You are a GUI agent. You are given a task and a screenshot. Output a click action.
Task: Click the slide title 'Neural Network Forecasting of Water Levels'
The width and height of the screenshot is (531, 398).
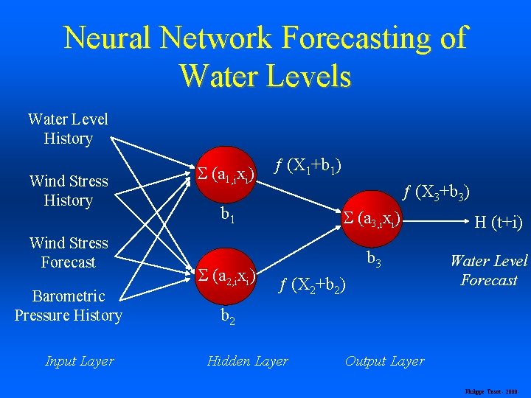(265, 56)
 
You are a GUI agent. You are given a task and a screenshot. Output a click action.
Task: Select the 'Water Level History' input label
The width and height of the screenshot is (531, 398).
(68, 129)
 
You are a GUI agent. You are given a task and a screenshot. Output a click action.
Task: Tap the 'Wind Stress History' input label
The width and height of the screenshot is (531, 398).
(68, 191)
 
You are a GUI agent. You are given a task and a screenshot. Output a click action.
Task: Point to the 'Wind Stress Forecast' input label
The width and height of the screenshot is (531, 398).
(68, 253)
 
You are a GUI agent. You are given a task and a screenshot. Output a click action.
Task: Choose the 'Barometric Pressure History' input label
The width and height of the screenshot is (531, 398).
(68, 306)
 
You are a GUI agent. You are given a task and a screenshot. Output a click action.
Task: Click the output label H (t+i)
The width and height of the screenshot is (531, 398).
(498, 222)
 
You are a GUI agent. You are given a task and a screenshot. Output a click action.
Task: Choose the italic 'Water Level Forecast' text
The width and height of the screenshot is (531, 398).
(488, 270)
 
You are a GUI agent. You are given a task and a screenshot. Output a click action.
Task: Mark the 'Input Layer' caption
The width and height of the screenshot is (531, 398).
(80, 361)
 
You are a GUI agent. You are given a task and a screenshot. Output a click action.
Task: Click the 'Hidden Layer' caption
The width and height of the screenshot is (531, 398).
(247, 361)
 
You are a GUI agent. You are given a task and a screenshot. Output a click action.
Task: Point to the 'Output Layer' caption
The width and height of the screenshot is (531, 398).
(384, 361)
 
